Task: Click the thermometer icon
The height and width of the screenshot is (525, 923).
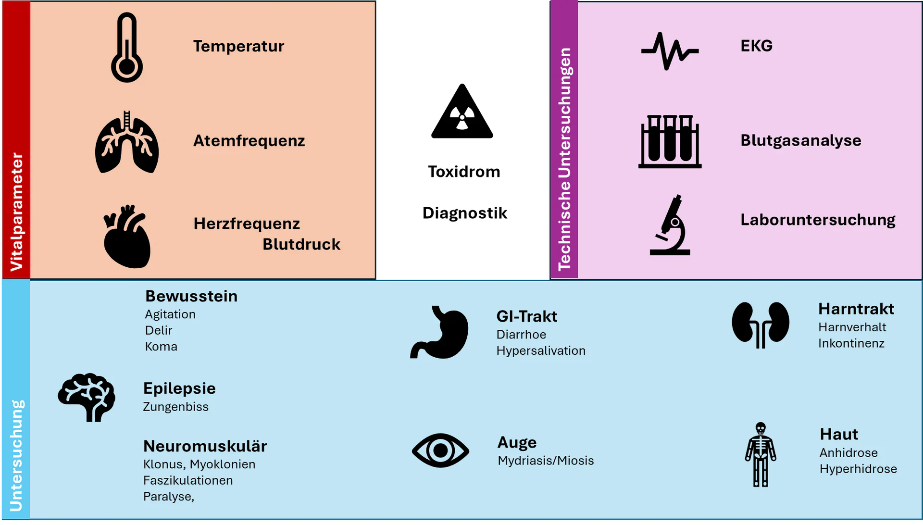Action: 127,48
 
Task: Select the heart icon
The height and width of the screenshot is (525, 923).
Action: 127,237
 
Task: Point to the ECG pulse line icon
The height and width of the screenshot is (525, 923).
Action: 670,50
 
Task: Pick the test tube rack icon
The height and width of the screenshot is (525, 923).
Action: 670,141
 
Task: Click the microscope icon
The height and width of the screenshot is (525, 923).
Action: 670,225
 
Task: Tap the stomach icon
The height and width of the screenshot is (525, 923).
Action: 440,333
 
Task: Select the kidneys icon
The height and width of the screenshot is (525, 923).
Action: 760,324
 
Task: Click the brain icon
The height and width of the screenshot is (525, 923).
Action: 87,397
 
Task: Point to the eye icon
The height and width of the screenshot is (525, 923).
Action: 440,450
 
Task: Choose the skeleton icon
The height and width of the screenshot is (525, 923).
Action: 761,454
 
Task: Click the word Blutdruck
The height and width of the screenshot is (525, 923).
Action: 301,244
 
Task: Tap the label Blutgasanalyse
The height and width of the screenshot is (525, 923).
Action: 800,140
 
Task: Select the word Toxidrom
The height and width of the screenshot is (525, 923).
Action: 464,172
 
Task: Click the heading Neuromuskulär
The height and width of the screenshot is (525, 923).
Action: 205,446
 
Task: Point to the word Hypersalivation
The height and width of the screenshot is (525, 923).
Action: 541,351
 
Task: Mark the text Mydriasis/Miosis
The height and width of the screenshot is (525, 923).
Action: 546,461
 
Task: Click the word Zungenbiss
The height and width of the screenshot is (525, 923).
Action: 176,407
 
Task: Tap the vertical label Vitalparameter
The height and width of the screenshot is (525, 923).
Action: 16,212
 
